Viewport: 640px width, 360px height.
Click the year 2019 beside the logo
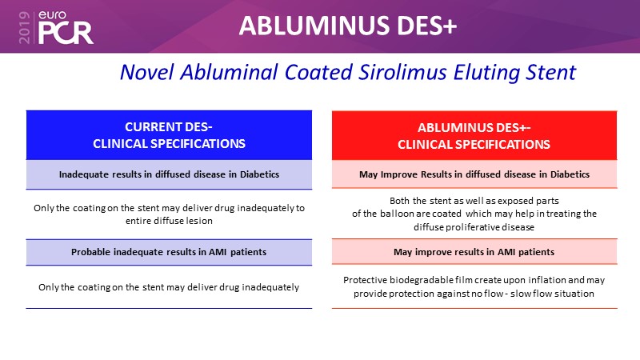coord(25,27)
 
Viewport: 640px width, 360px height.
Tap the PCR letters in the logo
coord(66,33)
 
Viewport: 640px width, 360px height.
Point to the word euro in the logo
coord(52,15)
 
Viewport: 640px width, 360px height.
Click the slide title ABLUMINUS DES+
coord(348,26)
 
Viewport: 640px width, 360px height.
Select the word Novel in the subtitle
coord(147,72)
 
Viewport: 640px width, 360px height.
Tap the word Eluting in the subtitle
coord(486,73)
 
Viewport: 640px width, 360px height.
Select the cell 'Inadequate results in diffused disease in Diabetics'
coord(169,174)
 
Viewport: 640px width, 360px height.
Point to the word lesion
coord(199,221)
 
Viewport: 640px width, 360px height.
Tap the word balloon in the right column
coord(397,214)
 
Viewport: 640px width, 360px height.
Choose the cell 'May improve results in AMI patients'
coord(474,252)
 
